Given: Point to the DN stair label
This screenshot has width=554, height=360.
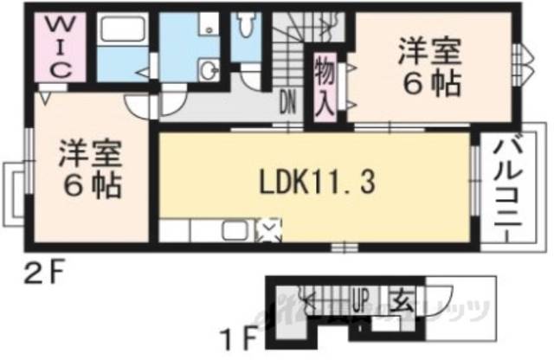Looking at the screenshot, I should [287, 104].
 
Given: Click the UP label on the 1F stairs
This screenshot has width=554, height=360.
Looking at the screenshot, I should [362, 304].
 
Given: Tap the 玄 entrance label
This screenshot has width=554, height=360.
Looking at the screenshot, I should [403, 304].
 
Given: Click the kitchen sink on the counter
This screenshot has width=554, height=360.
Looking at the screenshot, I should [235, 231].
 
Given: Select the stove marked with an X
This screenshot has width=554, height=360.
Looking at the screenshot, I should [269, 230].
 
